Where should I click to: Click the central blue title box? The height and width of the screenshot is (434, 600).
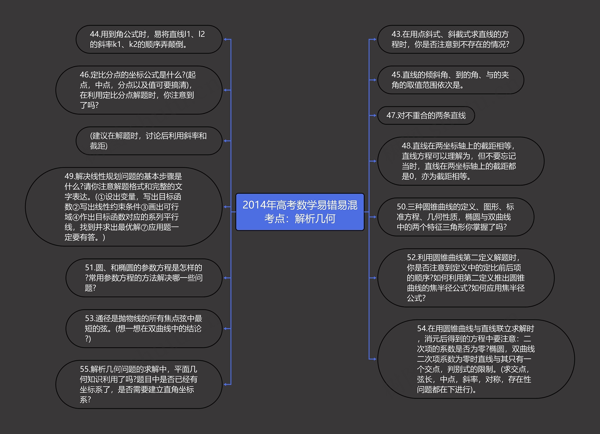pos(300,212)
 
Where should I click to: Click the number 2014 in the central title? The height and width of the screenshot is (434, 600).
pos(254,205)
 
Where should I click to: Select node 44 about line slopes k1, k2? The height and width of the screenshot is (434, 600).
pos(149,39)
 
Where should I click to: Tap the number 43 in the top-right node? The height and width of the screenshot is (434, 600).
pos(396,34)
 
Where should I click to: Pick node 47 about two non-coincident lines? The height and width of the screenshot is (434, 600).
pos(426,115)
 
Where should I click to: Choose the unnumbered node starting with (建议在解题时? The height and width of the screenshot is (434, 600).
pos(149,141)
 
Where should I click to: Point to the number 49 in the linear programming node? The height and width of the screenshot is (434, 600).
pos(69,176)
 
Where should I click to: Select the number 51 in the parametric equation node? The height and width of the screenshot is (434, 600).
pos(90,268)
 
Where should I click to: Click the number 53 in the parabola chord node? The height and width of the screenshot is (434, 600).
pos(90,318)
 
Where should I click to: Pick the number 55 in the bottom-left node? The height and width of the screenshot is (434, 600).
pos(85,369)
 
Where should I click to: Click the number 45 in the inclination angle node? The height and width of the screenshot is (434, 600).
pos(396,75)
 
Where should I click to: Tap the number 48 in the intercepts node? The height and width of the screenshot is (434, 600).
pos(406,146)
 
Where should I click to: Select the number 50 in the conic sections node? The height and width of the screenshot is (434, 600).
pos(401,207)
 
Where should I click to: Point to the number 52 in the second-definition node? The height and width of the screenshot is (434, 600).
pos(412,257)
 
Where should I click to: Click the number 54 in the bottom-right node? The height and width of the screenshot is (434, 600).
pos(422,329)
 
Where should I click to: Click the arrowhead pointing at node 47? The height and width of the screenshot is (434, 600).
pos(374,115)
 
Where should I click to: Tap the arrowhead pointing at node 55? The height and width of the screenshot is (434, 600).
pos(225,384)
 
